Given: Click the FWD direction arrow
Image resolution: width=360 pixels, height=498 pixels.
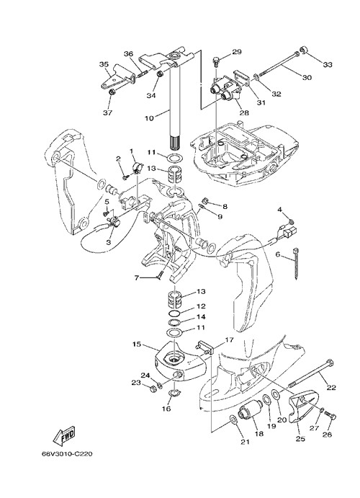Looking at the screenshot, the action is click(64, 435).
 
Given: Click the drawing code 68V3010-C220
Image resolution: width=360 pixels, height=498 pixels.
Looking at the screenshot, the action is click(67, 453).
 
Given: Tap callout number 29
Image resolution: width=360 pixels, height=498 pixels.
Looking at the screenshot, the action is click(237, 51).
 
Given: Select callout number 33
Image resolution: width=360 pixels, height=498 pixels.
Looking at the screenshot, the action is click(328, 64).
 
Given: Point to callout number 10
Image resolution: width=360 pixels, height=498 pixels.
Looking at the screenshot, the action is click(149, 118).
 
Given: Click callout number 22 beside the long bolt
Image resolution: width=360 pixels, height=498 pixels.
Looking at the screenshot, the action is click(331, 387).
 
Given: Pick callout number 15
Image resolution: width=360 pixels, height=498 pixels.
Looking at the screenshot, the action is click(137, 344).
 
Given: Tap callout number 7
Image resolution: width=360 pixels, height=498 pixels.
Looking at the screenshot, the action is click(136, 278).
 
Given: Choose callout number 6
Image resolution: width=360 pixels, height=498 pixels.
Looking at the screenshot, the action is click(278, 254).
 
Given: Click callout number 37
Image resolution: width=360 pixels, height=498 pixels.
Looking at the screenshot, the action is click(108, 112).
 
